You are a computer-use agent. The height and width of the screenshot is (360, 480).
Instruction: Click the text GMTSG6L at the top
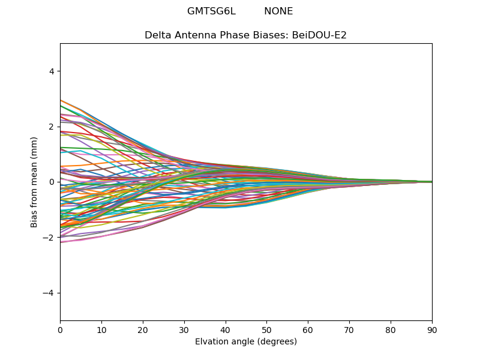coord(212,11)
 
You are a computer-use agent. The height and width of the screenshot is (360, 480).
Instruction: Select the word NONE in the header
coord(278,11)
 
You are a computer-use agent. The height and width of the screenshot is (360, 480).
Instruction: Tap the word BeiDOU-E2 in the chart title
coord(319,35)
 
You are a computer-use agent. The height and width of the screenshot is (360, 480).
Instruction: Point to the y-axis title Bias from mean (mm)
coord(34,182)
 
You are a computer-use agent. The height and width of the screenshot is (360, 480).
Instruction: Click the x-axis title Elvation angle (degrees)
coord(246,341)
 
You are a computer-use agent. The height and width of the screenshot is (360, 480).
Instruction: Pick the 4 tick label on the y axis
coord(52,71)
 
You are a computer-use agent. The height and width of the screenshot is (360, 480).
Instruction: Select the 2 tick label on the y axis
coord(52,127)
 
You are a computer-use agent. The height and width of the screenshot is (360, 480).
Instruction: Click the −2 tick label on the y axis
coord(49,238)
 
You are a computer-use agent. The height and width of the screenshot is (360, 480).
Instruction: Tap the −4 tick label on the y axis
coord(49,293)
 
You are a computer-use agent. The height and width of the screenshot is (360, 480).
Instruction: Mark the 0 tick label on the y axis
coord(52,182)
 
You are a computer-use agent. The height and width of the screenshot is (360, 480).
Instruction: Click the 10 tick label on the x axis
coord(101,331)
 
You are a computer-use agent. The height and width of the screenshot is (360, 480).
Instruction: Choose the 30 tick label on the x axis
coord(184,331)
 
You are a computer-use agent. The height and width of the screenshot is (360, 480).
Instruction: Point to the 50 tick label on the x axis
coord(266,331)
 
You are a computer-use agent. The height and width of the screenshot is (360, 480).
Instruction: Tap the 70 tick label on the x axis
coord(349,331)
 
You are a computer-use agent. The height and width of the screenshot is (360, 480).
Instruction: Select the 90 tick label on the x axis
coord(432,331)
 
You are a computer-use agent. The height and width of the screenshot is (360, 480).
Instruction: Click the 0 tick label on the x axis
coord(61,331)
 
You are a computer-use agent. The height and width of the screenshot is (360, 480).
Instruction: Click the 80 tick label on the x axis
coord(391,331)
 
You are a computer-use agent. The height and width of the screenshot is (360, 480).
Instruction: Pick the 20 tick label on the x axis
coord(143,331)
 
